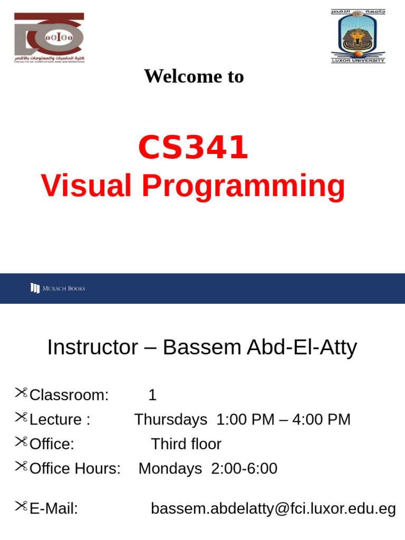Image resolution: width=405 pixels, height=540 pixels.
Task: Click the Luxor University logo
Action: click(x=358, y=36)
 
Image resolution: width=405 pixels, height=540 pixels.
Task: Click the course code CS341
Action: click(x=193, y=148)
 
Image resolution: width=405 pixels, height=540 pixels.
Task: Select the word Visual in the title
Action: click(x=86, y=186)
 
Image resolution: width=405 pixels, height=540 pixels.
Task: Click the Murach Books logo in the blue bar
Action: click(x=58, y=288)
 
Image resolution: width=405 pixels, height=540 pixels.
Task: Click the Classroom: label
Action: click(x=69, y=395)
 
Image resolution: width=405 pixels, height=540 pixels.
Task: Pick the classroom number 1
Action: click(x=152, y=395)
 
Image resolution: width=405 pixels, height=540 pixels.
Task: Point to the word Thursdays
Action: click(x=170, y=420)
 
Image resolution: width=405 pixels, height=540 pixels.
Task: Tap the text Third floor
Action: click(x=186, y=444)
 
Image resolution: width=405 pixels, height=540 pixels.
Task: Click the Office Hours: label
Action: click(x=75, y=468)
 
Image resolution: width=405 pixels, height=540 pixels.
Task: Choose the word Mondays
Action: click(x=170, y=468)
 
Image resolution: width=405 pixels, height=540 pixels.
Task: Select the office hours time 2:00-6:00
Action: click(x=244, y=468)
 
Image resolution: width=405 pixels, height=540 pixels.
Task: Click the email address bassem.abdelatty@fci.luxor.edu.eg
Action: click(x=273, y=508)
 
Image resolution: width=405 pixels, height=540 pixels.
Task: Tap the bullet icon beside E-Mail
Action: click(x=21, y=507)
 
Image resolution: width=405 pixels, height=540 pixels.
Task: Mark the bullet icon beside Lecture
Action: click(x=21, y=418)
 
